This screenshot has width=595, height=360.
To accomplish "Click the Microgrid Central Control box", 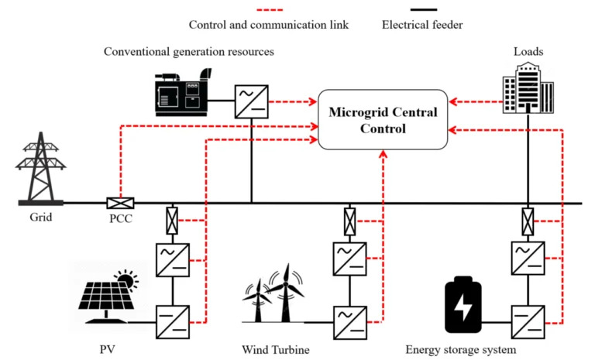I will point(383,122).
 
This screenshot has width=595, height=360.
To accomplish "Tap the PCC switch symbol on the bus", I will point(120,204).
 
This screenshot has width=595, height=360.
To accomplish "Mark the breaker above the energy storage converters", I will point(528,221).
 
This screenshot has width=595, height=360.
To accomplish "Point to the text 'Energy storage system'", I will point(461,349).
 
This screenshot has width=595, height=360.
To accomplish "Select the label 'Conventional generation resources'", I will point(189,51).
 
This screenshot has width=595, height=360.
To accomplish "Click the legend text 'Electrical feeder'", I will point(422,24).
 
